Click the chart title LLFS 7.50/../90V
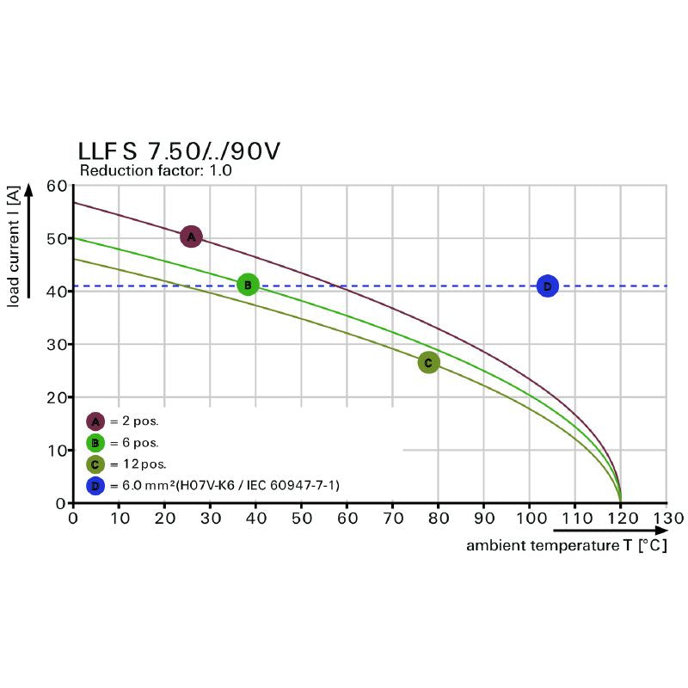pos(179,151)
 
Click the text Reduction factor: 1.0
pos(156,171)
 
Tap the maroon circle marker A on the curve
pos(191,236)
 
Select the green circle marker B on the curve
pos(248,285)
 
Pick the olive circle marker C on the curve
pos(428,363)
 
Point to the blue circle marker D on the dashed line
pos(547,286)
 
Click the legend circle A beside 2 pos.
pos(95,421)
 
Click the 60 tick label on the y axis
pos(57,186)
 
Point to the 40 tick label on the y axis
pos(57,292)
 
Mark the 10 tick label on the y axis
pos(57,451)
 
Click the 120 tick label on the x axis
pos(620,519)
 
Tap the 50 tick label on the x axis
pos(301,519)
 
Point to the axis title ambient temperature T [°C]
pos(567,546)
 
